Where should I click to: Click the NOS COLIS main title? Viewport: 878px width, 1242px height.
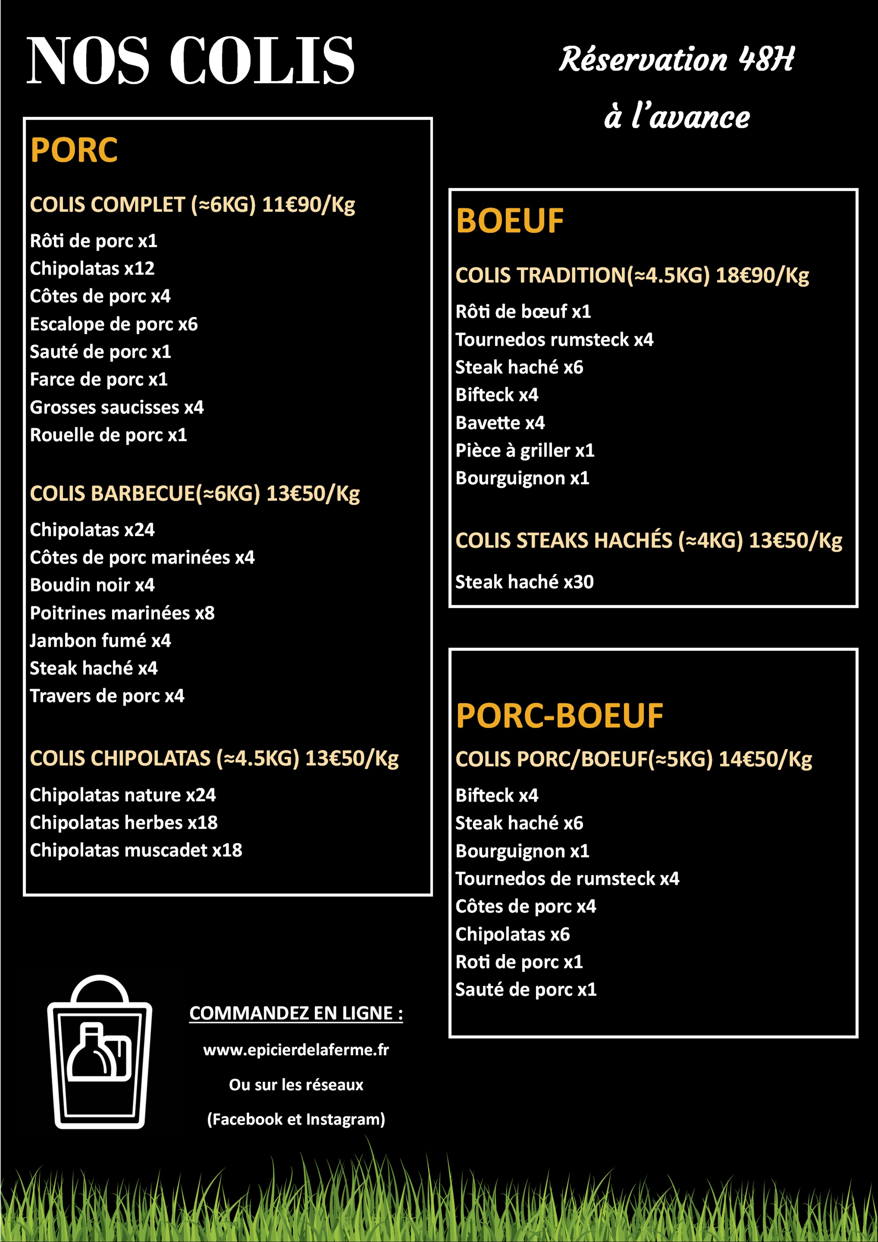[190, 61]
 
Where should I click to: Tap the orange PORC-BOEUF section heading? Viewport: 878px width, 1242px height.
[559, 716]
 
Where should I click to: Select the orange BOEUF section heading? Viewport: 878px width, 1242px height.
[509, 221]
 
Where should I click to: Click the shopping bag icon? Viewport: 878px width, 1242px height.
[99, 1053]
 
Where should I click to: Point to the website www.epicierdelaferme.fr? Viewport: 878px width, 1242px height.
[296, 1050]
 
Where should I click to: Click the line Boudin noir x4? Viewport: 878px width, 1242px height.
[92, 585]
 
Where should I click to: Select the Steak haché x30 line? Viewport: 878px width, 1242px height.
[524, 582]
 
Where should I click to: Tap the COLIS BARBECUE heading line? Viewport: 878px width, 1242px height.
[195, 493]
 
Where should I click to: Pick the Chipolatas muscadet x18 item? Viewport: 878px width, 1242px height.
[136, 850]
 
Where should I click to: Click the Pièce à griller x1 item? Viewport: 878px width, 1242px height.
[525, 451]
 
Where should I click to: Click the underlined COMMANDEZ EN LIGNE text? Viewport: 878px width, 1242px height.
[296, 1013]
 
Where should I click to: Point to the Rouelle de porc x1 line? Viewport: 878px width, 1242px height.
[108, 435]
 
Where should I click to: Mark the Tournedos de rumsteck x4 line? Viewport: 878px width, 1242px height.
[567, 878]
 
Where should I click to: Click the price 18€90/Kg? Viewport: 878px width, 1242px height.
[762, 275]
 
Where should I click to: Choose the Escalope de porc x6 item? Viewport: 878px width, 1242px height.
[114, 324]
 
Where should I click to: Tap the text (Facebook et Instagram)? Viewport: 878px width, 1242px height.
[296, 1119]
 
